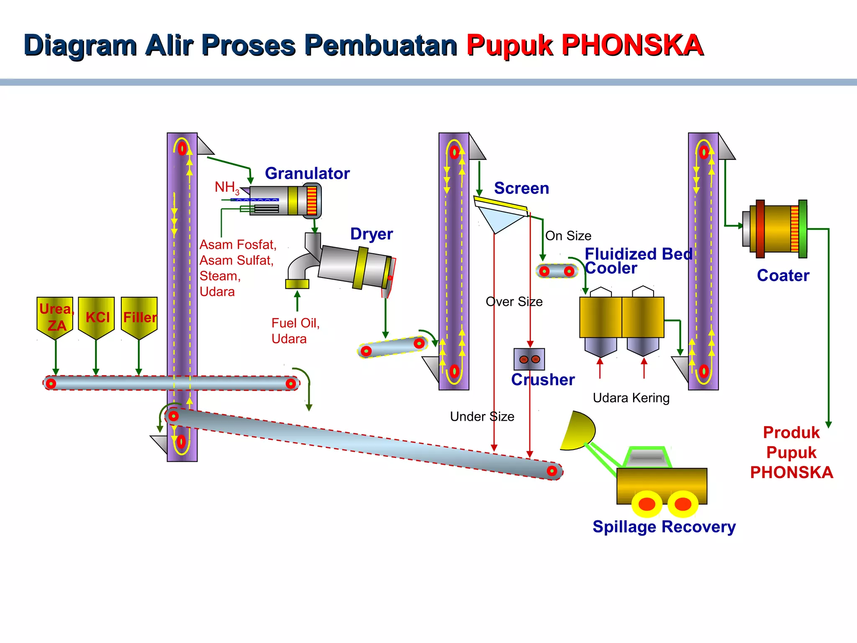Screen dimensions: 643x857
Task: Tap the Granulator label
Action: pos(307,173)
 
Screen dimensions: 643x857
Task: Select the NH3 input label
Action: pos(227,187)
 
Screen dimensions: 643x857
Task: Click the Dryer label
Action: pos(371,234)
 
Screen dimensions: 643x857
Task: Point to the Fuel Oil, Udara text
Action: pos(295,331)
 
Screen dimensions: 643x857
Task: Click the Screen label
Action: pos(521,188)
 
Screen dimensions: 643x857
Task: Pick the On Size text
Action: pos(568,236)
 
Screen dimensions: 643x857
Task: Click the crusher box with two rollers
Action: pos(529,359)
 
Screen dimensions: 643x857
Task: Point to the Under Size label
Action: pos(482,417)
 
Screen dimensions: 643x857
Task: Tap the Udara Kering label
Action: pos(631,398)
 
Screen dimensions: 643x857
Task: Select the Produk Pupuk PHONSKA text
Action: pos(791,452)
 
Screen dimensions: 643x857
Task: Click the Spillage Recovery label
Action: pos(664,527)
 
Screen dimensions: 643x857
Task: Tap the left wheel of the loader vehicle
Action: pos(647,504)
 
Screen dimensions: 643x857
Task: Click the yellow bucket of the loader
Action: pos(579,431)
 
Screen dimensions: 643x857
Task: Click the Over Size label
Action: pos(514,302)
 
